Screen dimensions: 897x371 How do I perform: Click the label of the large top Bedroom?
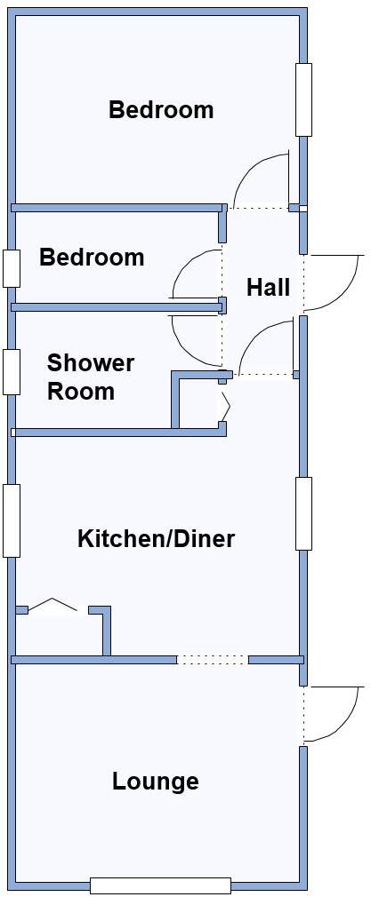161,110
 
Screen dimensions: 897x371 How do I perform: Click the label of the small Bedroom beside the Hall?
92,258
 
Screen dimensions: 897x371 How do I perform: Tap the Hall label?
268,288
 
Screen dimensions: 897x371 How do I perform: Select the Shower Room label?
90,377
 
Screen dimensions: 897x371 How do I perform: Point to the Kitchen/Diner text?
157,538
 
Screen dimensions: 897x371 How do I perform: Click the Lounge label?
155,782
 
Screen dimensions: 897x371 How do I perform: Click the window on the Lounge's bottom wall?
160,885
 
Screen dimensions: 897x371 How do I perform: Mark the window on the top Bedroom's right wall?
303,99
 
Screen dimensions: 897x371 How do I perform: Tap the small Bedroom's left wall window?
12,268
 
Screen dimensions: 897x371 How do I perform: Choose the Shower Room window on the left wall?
12,371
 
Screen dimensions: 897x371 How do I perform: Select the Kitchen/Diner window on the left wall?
12,520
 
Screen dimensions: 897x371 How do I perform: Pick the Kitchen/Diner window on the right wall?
303,513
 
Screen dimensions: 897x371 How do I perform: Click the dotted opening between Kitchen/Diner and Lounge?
212,660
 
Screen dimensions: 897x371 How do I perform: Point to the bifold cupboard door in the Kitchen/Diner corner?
55,606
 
